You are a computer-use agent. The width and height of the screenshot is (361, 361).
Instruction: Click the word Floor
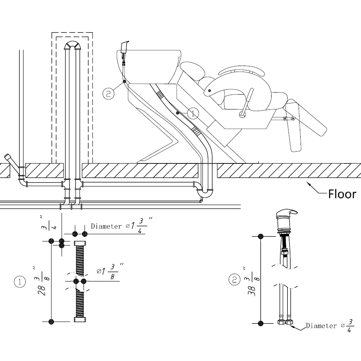342,194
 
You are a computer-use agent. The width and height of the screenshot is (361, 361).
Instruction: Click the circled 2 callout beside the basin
108,93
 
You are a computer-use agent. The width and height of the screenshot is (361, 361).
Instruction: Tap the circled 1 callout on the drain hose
193,113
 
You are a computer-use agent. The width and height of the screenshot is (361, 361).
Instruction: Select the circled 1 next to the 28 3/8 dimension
20,282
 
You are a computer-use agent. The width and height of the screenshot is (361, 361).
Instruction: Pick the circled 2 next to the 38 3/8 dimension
234,280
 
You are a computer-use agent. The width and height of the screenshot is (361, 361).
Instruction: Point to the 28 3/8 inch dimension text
41,281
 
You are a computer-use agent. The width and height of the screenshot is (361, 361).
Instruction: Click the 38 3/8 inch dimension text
252,281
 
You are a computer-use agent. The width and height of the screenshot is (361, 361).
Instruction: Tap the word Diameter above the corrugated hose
106,226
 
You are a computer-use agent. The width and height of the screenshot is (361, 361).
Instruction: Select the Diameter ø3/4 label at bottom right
330,326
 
